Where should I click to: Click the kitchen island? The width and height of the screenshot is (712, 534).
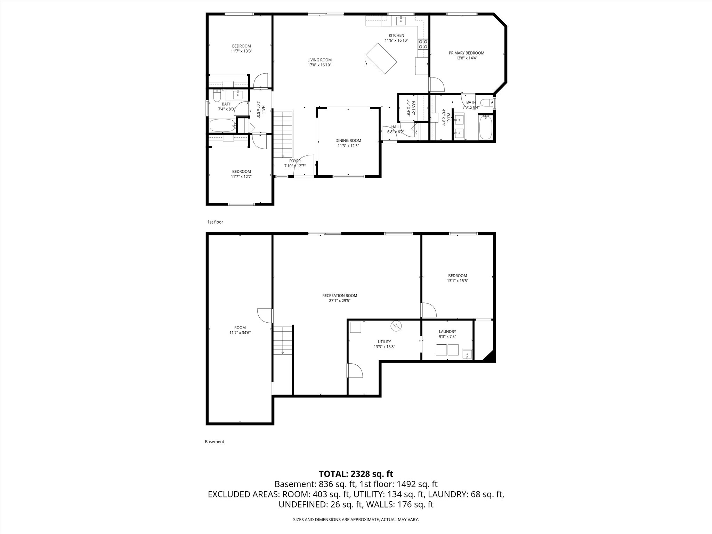click(x=381, y=58)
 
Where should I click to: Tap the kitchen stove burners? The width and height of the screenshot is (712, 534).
click(x=423, y=44)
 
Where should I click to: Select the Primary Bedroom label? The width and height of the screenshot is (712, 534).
click(x=466, y=53)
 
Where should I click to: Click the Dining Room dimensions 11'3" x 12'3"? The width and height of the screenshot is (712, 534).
click(x=348, y=146)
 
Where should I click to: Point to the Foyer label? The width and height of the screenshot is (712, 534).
click(x=295, y=161)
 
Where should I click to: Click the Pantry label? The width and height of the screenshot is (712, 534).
click(x=414, y=108)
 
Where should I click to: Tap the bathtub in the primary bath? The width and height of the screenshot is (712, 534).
click(x=485, y=128)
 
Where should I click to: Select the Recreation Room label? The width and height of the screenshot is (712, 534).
click(x=340, y=296)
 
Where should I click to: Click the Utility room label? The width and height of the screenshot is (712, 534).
click(x=385, y=342)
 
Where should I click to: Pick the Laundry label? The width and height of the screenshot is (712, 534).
click(x=447, y=332)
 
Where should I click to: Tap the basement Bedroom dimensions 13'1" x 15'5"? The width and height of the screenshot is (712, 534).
click(x=458, y=281)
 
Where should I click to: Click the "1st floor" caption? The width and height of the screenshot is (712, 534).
click(x=215, y=222)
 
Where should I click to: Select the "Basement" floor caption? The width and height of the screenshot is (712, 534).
click(x=215, y=442)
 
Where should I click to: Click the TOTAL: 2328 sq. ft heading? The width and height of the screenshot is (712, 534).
click(x=356, y=474)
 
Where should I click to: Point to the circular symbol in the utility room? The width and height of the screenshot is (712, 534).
click(x=396, y=326)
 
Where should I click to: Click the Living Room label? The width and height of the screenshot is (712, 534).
click(x=319, y=60)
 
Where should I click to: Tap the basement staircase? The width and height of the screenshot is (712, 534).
click(x=283, y=340)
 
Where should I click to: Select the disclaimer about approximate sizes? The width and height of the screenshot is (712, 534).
click(x=356, y=519)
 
